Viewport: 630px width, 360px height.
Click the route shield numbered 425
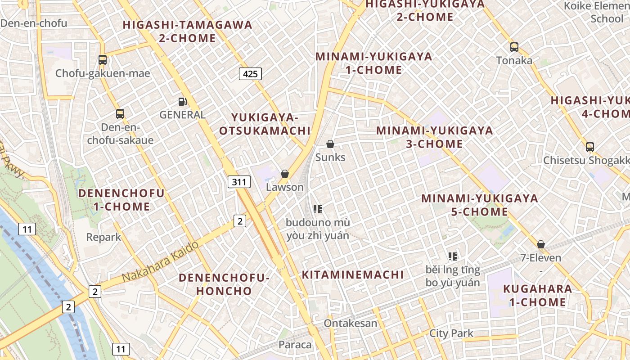coord(250,74)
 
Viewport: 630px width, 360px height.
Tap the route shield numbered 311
coord(239,182)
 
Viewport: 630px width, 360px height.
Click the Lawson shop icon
coord(285,174)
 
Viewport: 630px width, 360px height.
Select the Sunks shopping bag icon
coord(330,144)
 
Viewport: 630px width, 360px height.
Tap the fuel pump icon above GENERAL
coord(182,102)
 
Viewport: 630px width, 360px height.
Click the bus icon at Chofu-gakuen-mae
coord(103,59)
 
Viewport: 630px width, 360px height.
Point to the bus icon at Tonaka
coord(514,47)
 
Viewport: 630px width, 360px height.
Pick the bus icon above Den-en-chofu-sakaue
coord(120,113)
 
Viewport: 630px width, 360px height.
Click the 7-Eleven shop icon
coord(541,244)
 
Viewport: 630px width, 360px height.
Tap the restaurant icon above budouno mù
coord(318,209)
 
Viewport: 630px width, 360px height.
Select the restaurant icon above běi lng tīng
coord(453,256)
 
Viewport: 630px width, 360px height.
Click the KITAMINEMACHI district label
coord(353,274)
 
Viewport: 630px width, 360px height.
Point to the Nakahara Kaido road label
coord(160,262)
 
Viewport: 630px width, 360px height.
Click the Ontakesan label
coord(351,323)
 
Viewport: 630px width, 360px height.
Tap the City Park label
coord(451,333)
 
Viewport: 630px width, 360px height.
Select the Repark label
coord(103,237)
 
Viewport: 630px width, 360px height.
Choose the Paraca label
coord(295,345)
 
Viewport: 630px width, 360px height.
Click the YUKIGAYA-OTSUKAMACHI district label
coord(265,124)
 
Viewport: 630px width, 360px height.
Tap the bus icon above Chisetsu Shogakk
coord(590,147)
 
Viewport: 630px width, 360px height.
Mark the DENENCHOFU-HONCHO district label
coord(224,284)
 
